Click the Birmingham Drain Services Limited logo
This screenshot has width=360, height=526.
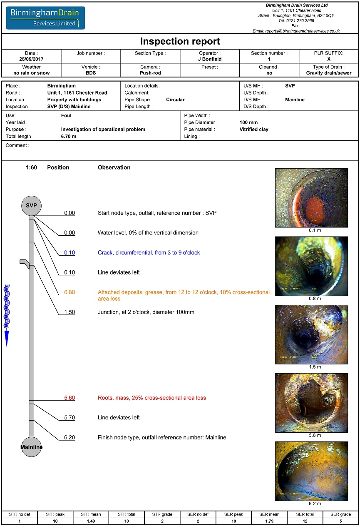point(45,18)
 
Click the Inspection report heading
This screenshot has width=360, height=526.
point(180,42)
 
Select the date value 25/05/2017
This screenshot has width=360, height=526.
point(31,59)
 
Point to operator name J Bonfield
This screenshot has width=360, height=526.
point(210,59)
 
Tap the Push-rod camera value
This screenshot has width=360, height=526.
point(150,73)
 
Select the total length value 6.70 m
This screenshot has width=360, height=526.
point(68,136)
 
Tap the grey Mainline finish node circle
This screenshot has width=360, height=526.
point(32,447)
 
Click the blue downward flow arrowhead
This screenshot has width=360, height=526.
point(7,338)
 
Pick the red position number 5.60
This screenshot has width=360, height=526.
point(70,398)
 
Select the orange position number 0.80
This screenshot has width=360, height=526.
point(70,292)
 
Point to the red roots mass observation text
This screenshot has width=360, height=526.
point(152,398)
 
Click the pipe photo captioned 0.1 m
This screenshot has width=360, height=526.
point(311,198)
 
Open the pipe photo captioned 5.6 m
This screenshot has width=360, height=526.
point(311,403)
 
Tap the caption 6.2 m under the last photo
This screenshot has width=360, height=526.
point(315,504)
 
